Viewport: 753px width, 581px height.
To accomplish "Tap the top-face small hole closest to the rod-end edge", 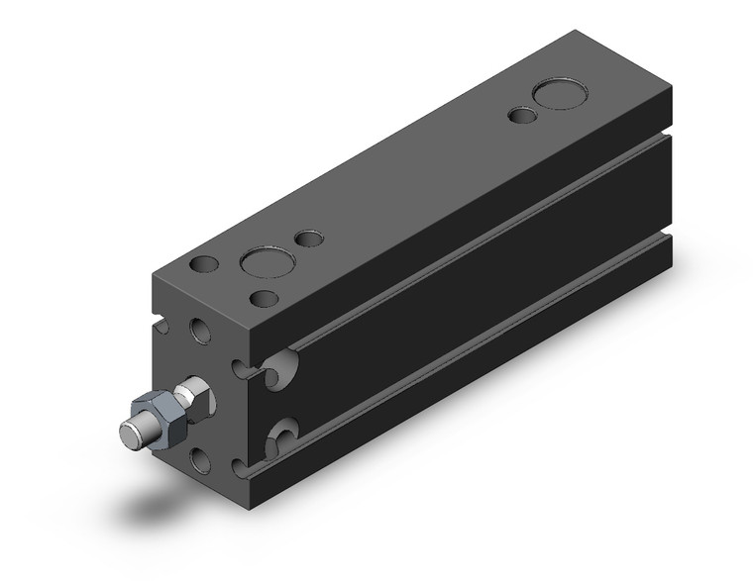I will pyautogui.click(x=204, y=265).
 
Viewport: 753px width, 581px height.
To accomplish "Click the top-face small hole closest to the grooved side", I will pyautogui.click(x=265, y=298).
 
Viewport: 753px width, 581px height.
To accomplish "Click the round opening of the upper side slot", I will pyautogui.click(x=281, y=365).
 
